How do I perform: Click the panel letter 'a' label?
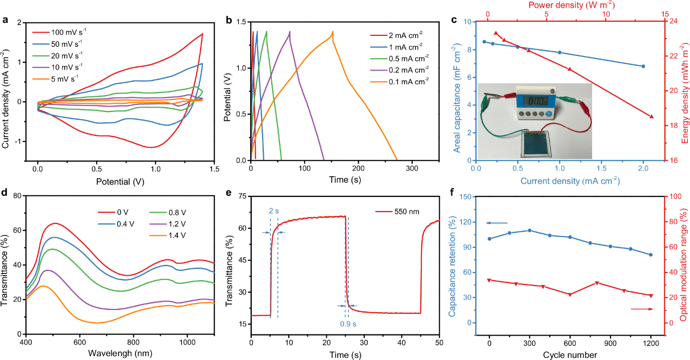pos(5,22)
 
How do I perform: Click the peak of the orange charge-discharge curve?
pos(332,32)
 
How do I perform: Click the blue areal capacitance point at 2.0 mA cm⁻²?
pos(643,66)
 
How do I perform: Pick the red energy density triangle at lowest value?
pos(651,116)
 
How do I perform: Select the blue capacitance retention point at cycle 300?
pos(530,231)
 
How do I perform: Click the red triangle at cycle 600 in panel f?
pos(570,295)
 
